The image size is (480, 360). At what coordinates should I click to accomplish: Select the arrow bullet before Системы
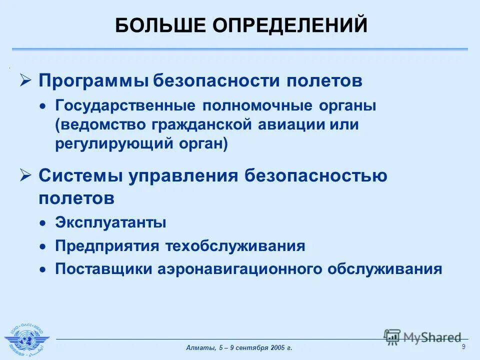click(x=25, y=175)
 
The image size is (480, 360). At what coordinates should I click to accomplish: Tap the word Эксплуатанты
click(x=110, y=222)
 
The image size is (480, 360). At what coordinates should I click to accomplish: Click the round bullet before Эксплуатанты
click(x=44, y=223)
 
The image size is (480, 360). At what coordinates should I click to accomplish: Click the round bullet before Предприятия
click(x=44, y=246)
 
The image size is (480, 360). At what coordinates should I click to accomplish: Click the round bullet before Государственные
click(x=44, y=106)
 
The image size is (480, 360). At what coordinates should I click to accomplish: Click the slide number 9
click(x=463, y=347)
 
